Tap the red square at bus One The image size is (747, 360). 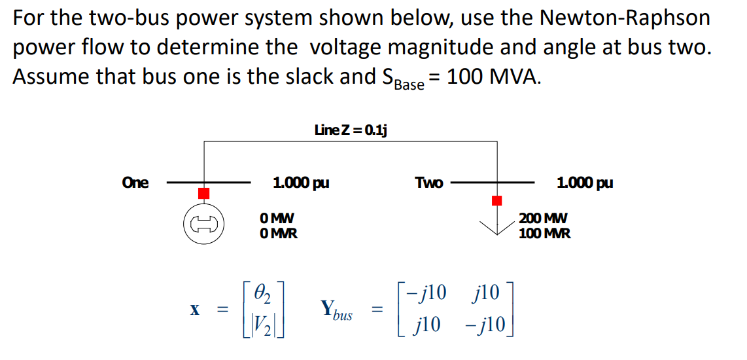pos(204,193)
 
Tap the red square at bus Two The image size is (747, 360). pos(497,200)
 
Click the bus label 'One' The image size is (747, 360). pos(135,183)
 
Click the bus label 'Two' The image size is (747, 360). pos(429,183)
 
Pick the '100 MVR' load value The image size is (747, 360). pos(544,233)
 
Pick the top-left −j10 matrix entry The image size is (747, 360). pos(426,292)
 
